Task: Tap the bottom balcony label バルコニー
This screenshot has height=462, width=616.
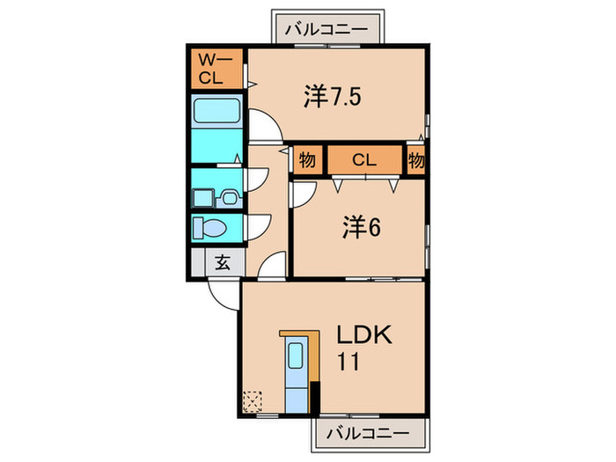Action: click(370, 434)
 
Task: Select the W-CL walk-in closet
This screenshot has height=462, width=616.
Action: click(216, 70)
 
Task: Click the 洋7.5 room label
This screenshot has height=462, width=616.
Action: click(333, 97)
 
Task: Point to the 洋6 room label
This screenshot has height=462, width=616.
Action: click(361, 227)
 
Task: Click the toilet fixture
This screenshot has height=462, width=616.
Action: click(211, 228)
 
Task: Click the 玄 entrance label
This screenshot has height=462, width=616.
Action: click(223, 262)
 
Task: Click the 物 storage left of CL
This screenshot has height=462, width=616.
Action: click(307, 160)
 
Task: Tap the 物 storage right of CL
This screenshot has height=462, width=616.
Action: click(416, 160)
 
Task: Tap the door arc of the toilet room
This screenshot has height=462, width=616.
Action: click(256, 227)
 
